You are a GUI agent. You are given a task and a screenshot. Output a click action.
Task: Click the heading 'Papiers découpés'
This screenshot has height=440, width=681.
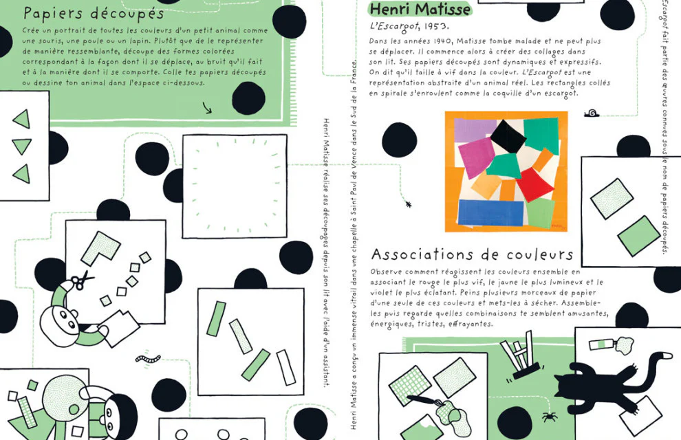[x=94, y=14]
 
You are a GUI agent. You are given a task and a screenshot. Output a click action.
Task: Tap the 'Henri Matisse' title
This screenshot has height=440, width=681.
[x=420, y=9]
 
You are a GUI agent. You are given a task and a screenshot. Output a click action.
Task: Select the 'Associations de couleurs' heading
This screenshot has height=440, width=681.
[x=472, y=254]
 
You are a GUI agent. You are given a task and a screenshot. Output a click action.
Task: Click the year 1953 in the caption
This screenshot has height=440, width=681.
[x=435, y=26]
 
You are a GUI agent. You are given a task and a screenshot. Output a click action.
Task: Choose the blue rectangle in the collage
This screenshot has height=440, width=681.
[x=490, y=212]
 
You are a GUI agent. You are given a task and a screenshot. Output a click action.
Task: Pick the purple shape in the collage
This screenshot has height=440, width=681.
[x=475, y=130]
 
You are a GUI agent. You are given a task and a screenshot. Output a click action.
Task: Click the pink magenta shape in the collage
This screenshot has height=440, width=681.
[x=477, y=158]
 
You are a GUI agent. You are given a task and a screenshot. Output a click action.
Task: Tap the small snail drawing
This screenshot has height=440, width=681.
[x=592, y=113]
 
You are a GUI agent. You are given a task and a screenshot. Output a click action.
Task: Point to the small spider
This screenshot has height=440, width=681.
[x=550, y=417]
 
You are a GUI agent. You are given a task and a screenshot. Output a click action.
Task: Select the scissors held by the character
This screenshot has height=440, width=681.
[x=80, y=280]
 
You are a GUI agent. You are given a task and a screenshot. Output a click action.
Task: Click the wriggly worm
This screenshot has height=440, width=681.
[x=148, y=359]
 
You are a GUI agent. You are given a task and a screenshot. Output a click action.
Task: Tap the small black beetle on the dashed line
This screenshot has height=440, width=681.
[x=408, y=203]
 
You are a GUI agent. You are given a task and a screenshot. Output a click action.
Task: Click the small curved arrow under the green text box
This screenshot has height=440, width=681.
[x=207, y=108]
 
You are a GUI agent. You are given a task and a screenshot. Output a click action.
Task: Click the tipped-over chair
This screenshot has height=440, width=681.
[x=520, y=355]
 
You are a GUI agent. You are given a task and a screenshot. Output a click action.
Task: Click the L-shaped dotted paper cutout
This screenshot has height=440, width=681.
[x=100, y=247]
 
